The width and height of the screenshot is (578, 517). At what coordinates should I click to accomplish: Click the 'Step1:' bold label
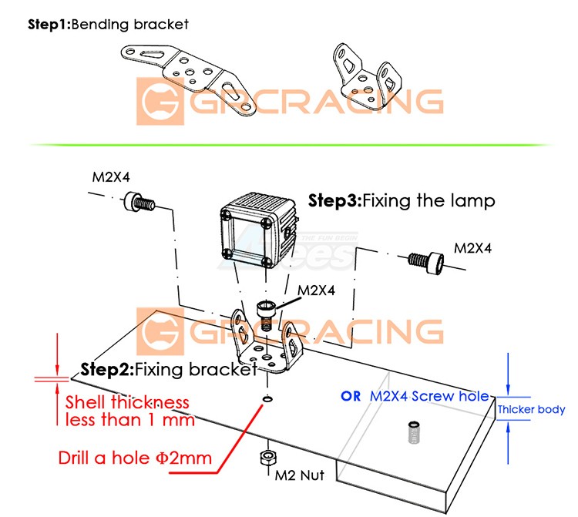click(49, 24)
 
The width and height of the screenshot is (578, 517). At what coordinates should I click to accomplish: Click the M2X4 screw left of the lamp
click(138, 204)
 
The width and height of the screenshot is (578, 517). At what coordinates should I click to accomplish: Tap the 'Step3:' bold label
click(334, 202)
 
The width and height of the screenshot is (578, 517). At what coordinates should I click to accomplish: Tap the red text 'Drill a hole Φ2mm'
click(135, 458)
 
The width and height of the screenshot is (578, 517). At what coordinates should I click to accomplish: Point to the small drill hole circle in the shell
click(266, 399)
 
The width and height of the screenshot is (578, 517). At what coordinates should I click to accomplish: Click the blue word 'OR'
click(351, 396)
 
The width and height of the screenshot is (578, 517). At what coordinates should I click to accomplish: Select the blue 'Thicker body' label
click(531, 410)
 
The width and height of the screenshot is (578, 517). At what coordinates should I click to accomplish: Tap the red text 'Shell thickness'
click(126, 402)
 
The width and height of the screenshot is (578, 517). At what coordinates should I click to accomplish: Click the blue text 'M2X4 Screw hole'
click(429, 396)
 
